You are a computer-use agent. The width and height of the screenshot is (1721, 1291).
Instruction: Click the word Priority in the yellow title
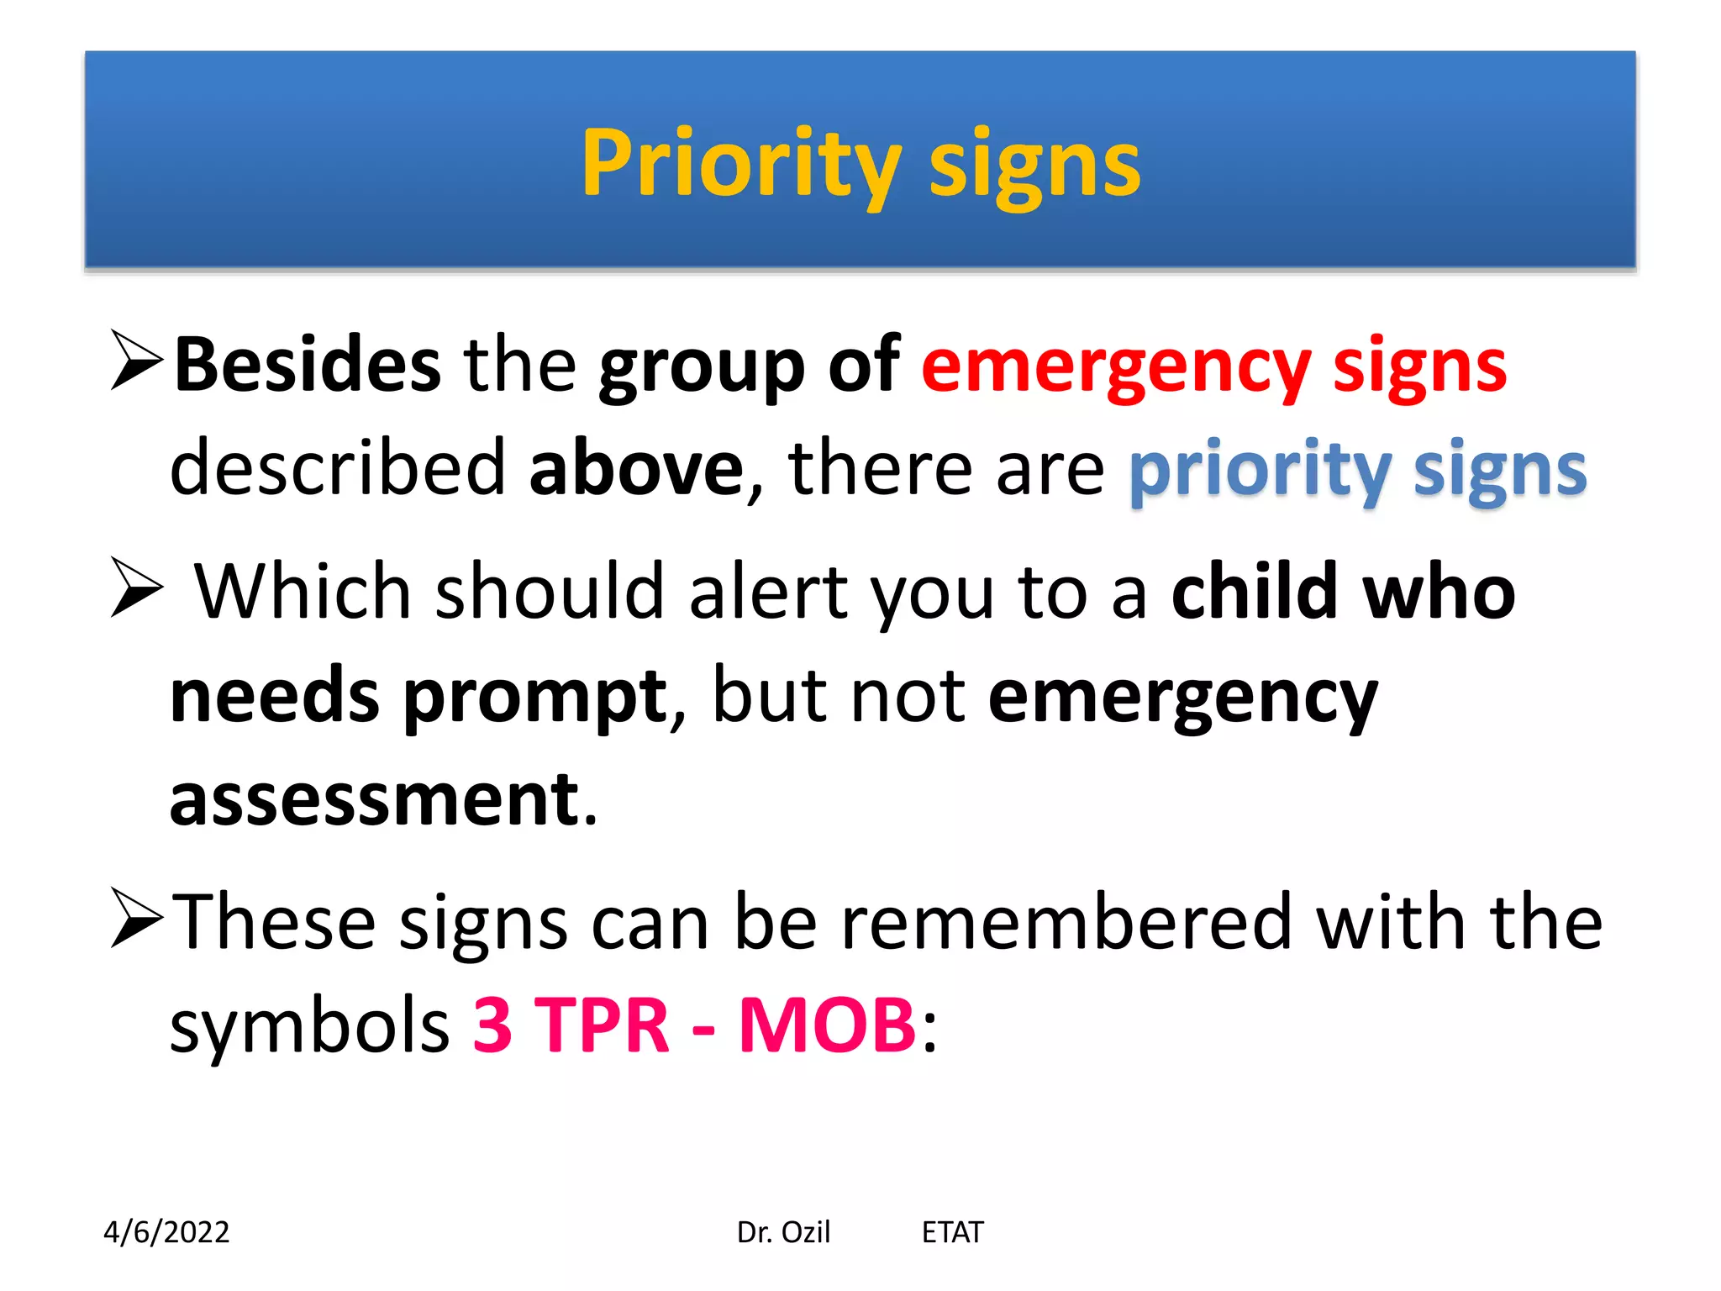tap(739, 164)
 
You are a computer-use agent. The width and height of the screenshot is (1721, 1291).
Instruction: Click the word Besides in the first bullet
tap(307, 366)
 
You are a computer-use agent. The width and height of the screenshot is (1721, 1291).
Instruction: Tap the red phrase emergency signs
tap(1214, 366)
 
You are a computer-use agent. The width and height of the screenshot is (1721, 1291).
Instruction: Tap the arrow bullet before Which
tap(137, 588)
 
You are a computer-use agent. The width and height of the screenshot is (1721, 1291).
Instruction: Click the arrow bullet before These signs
tap(137, 919)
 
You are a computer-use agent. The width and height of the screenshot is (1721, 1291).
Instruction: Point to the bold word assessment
tap(375, 800)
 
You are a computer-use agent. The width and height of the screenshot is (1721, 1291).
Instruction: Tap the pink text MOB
tap(827, 1025)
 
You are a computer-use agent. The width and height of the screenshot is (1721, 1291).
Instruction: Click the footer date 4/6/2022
tap(166, 1232)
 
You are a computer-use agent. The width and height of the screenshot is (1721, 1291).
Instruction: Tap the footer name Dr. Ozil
tap(783, 1232)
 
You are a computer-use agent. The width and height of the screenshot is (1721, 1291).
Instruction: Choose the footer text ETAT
tap(952, 1232)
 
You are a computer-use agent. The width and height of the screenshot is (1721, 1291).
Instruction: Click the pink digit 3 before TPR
tap(492, 1025)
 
